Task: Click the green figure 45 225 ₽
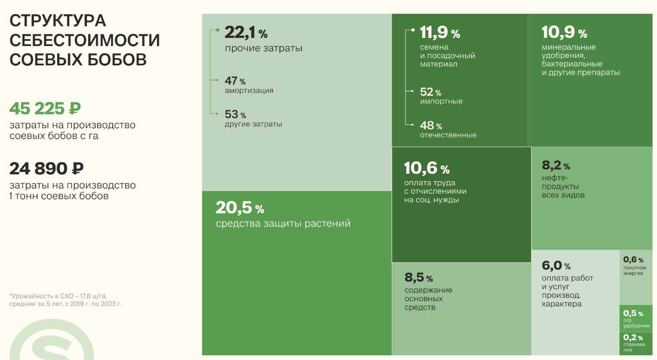(x=45, y=108)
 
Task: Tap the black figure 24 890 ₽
(x=46, y=169)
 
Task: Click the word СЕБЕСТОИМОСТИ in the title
(x=85, y=40)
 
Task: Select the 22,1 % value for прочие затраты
(x=246, y=32)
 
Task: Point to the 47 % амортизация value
(x=235, y=81)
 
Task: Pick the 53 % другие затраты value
(x=235, y=114)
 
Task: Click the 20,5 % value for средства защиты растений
(x=240, y=208)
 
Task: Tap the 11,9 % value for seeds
(x=440, y=32)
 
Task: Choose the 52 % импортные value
(x=430, y=92)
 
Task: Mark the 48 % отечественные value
(x=431, y=126)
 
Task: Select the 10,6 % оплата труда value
(x=427, y=168)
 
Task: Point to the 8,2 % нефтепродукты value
(x=556, y=166)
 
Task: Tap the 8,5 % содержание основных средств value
(x=418, y=277)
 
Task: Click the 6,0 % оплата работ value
(x=556, y=266)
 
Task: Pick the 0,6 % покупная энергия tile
(x=636, y=277)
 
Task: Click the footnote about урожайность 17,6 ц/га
(x=65, y=300)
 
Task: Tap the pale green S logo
(x=52, y=340)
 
